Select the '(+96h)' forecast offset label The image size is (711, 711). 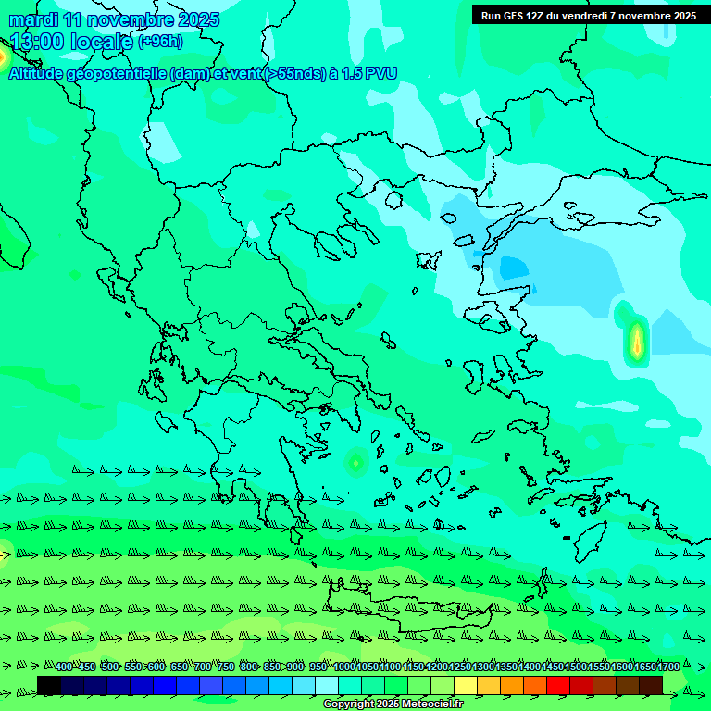pos(160,42)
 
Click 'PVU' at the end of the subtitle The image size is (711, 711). pos(380,74)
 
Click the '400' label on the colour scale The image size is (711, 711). pos(64,667)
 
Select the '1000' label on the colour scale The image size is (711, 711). pos(344,667)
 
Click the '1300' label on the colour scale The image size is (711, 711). pos(483,667)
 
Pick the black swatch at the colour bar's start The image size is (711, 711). pos(49,685)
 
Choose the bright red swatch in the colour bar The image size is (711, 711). pos(558,685)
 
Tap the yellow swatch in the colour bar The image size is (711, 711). pos(466,685)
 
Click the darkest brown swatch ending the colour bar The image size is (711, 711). pos(651,685)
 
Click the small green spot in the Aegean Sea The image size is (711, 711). pos(355,460)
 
